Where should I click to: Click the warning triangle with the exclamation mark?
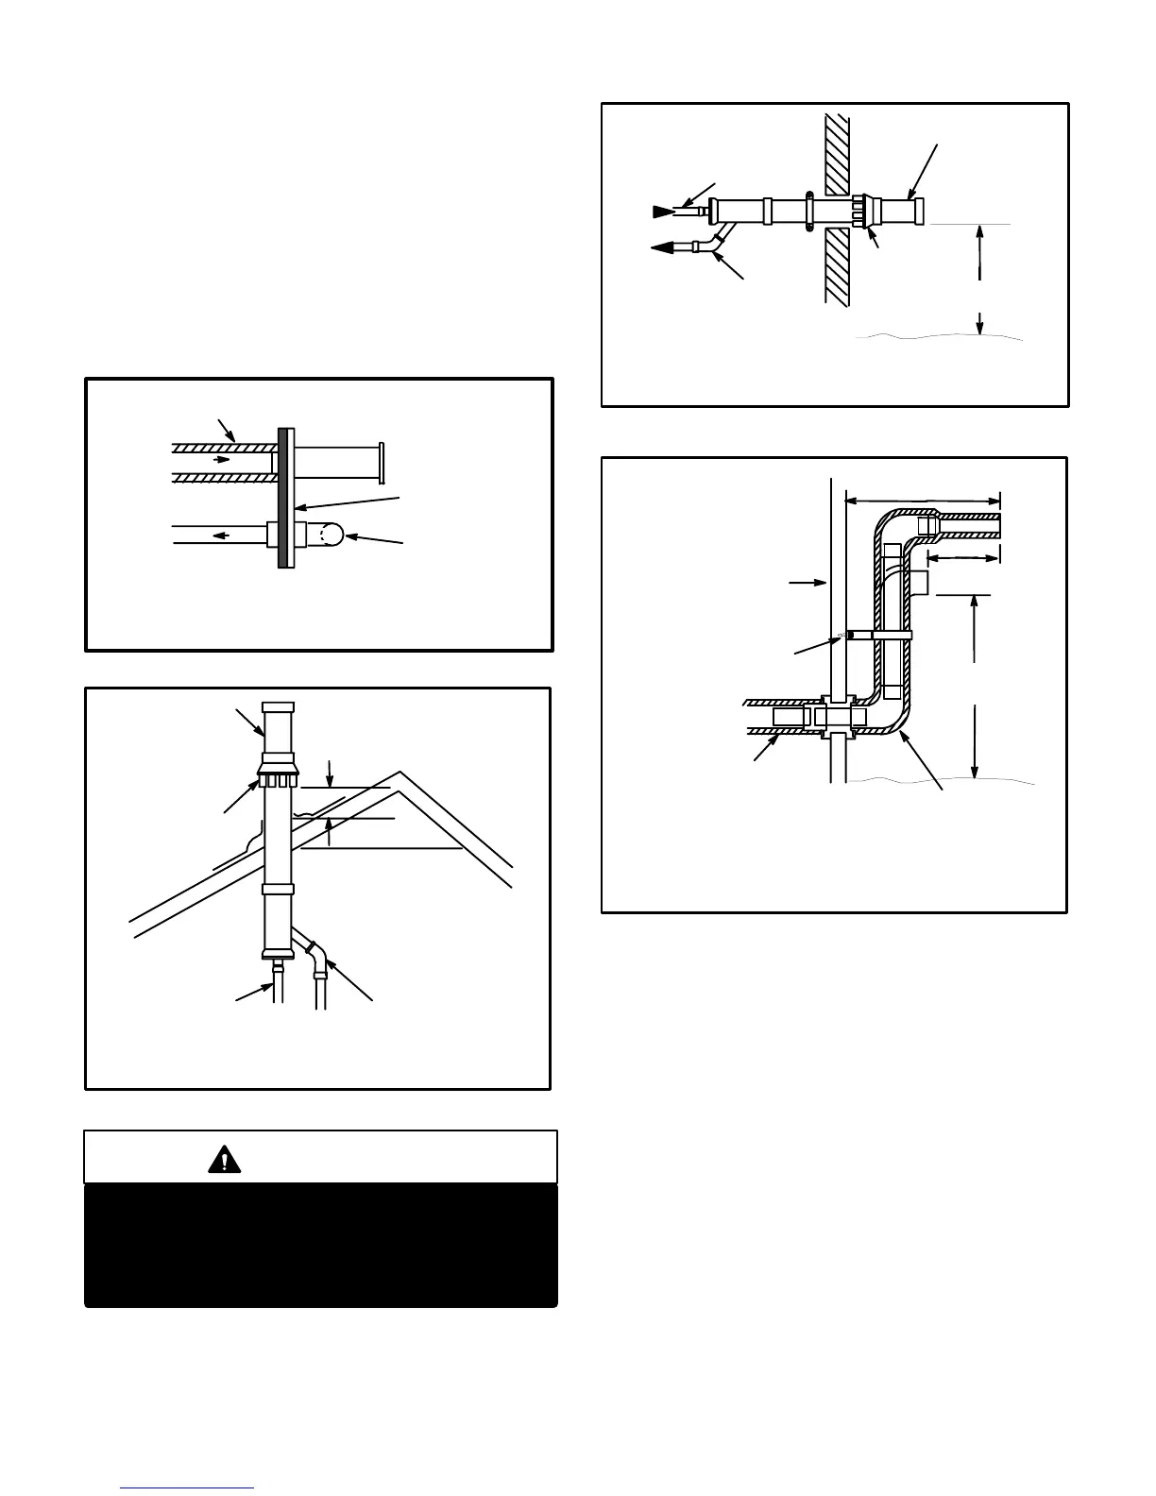(x=224, y=1159)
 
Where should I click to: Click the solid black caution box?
(x=321, y=1245)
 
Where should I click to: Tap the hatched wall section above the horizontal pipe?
(x=837, y=151)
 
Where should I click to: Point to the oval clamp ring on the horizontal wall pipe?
(x=809, y=211)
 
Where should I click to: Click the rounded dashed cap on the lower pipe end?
(x=323, y=535)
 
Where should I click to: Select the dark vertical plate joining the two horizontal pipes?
(x=281, y=498)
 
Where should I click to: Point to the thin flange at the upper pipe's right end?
(x=381, y=461)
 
